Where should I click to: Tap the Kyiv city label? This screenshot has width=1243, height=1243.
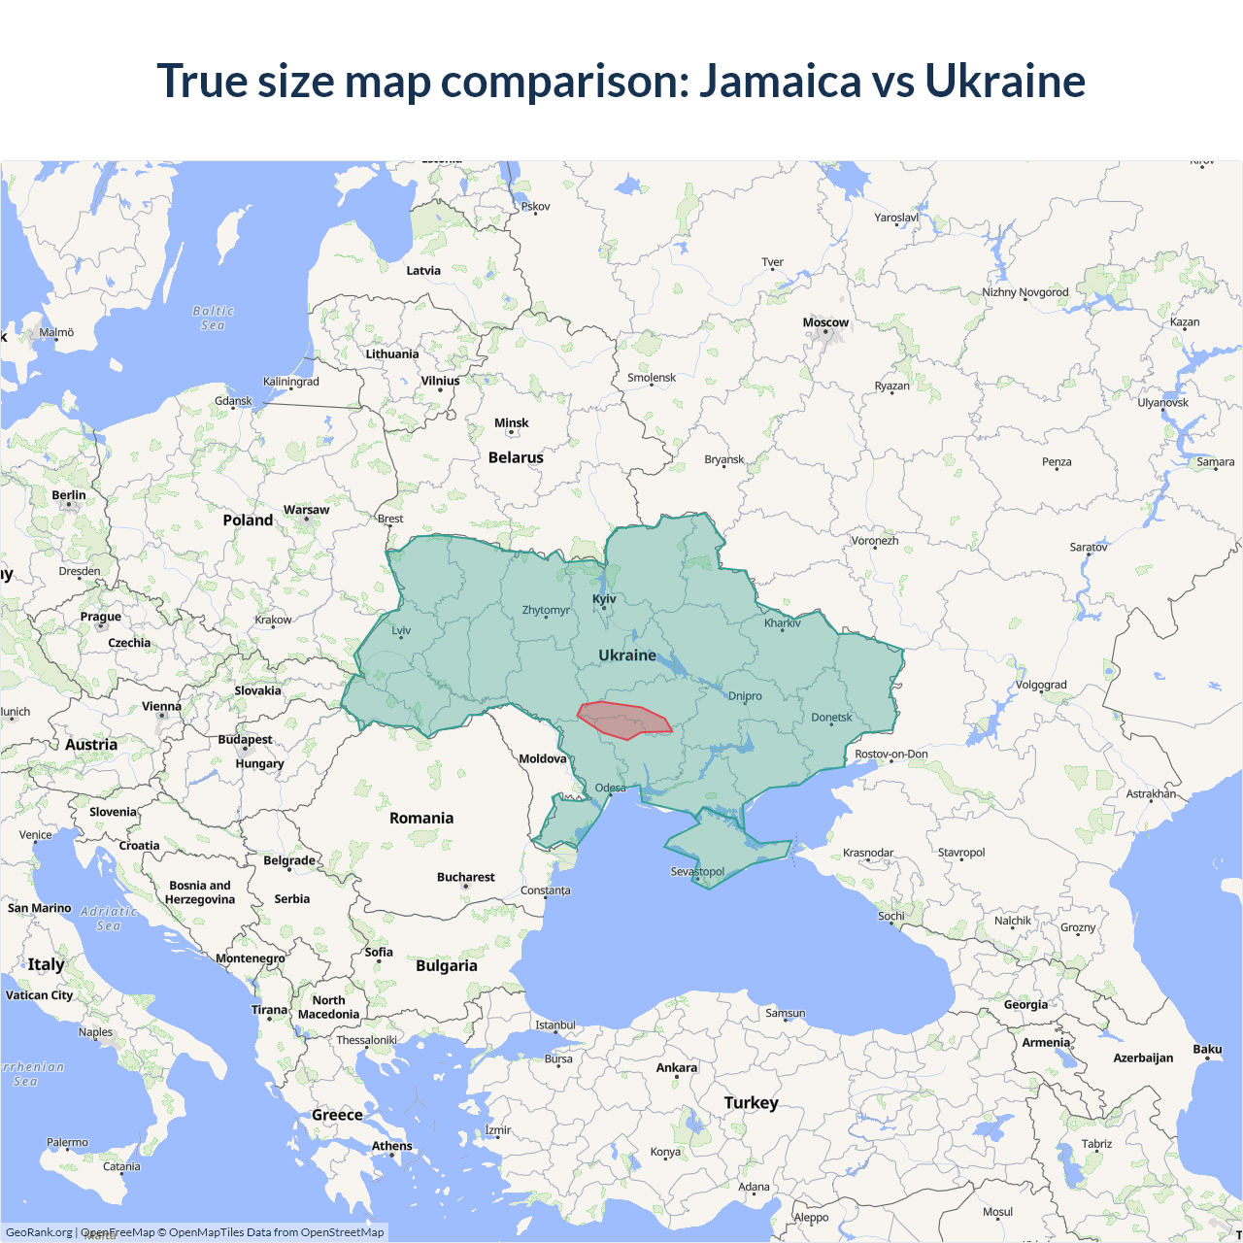(x=604, y=599)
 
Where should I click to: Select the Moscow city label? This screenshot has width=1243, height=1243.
(x=825, y=322)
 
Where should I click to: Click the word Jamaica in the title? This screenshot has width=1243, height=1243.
(x=780, y=81)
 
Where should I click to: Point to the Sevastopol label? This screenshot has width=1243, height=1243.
(x=697, y=871)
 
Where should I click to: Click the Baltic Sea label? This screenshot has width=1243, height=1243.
(x=213, y=318)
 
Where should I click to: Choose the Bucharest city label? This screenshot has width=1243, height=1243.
(x=465, y=877)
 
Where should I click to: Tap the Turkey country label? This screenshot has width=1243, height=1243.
(x=751, y=1102)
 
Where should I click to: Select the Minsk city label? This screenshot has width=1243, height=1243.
(x=511, y=422)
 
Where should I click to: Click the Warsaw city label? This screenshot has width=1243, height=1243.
(x=306, y=510)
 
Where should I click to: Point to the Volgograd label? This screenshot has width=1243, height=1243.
(x=1041, y=685)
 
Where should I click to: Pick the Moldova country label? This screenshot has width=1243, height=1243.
(x=542, y=758)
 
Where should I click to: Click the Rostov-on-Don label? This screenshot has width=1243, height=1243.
(x=890, y=754)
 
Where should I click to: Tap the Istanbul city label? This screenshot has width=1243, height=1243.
(x=555, y=1025)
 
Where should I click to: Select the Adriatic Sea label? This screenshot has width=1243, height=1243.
(x=109, y=918)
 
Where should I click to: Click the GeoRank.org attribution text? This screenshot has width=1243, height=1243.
(x=39, y=1232)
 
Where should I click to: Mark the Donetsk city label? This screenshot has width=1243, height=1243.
(x=831, y=718)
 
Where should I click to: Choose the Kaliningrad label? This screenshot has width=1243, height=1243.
(x=290, y=382)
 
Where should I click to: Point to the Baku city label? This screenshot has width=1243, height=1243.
(x=1207, y=1049)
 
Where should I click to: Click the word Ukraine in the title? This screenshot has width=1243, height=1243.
(x=1004, y=81)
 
